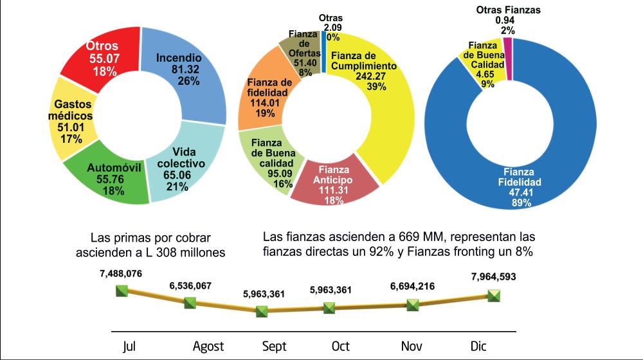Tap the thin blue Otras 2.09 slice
tap(324, 53)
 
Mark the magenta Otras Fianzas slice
tap(508, 59)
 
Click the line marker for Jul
tap(122, 291)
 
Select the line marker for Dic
tap(494, 295)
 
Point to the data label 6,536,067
tap(190, 286)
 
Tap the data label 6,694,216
tap(413, 286)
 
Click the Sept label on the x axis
tap(274, 346)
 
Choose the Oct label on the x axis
tap(340, 346)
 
